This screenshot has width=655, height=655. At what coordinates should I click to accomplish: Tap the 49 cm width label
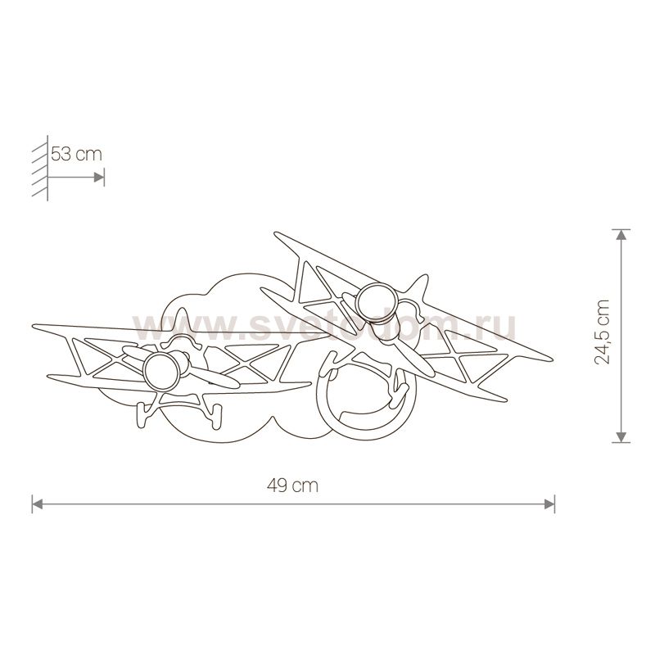coord(292,485)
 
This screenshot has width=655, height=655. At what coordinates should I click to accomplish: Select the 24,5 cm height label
coord(603,335)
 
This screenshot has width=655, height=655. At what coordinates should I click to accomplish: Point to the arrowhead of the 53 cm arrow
coord(99,176)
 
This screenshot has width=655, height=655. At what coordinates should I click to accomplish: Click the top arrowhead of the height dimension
coord(622,234)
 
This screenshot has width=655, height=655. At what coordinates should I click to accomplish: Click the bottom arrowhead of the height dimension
coord(622,436)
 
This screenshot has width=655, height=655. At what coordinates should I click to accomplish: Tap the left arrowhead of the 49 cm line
coord(37,504)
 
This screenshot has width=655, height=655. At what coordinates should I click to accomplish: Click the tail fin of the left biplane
coord(182,322)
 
